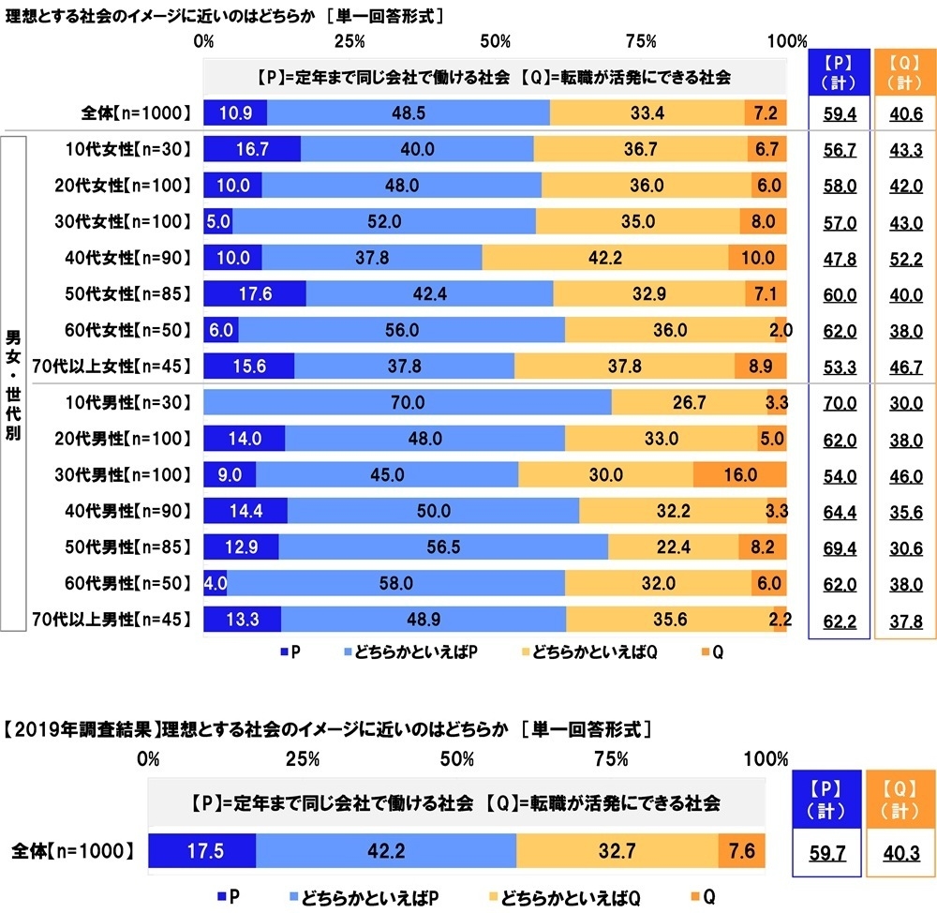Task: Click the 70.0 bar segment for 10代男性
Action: click(x=408, y=403)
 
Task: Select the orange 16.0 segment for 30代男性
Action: click(x=739, y=475)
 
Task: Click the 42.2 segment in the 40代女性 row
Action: click(x=604, y=257)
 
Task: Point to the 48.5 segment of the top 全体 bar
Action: click(x=409, y=112)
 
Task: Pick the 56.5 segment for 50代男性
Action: click(x=443, y=547)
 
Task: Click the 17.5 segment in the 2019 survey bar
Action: click(x=201, y=852)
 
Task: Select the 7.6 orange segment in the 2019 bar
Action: click(x=741, y=852)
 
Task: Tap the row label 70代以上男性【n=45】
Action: click(x=124, y=620)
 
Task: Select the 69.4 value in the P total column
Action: click(x=837, y=547)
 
